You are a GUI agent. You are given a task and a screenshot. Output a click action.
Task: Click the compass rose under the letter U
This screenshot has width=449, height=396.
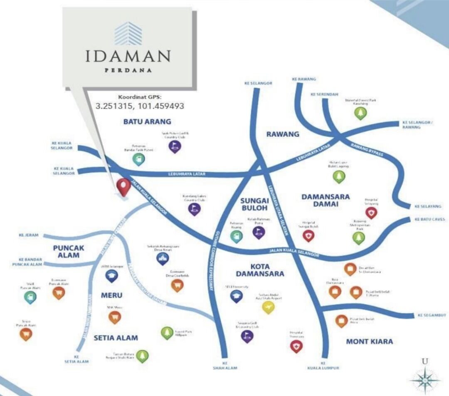tap(424, 380)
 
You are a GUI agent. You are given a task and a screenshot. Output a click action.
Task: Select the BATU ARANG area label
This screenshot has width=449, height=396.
tap(141, 121)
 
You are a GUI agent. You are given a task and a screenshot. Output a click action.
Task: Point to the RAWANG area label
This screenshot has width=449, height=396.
tap(283, 134)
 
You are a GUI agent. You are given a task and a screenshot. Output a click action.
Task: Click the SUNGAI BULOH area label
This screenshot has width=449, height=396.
tap(255, 205)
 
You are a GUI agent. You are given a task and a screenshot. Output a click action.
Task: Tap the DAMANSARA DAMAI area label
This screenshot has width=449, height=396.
tap(326, 200)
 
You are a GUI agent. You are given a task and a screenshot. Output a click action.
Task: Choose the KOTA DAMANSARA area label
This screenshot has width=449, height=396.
tap(260, 270)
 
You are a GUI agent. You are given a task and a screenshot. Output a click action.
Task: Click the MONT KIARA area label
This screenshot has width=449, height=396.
tap(369, 342)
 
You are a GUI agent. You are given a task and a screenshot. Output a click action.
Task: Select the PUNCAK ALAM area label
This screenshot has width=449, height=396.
tap(69, 251)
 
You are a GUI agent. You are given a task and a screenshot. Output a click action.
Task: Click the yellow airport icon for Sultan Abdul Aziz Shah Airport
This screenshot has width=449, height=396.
tap(268, 307)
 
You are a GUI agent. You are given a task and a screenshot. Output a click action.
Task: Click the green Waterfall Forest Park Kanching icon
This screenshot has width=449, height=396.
tap(360, 113)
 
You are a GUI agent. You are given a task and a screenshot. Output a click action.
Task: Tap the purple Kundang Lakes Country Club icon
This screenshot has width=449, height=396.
tap(194, 208)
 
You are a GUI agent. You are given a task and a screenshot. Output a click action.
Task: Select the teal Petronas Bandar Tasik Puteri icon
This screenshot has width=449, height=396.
tap(138, 158)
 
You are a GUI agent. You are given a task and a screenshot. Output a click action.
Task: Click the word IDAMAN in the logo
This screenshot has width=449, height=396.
tap(128, 56)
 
